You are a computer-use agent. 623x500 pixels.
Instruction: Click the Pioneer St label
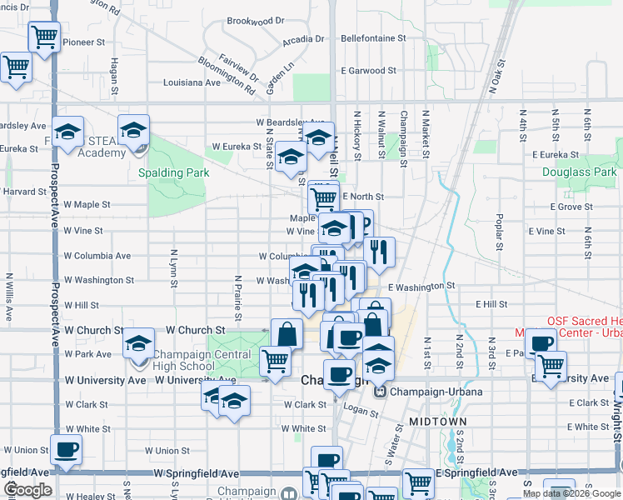click(84, 41)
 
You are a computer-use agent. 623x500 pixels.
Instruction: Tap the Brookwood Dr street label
click(256, 20)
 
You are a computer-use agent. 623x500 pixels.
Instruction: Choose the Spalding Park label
click(174, 172)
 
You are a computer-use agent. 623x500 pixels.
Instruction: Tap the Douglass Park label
click(579, 172)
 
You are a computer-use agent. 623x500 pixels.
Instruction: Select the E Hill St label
click(491, 305)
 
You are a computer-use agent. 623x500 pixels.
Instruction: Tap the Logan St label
click(361, 410)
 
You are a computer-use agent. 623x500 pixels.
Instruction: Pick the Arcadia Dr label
click(303, 39)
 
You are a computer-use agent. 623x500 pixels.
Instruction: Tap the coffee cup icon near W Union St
click(67, 450)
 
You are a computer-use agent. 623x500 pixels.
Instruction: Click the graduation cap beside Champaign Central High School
click(138, 344)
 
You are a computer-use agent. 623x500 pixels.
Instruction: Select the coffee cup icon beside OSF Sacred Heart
click(541, 343)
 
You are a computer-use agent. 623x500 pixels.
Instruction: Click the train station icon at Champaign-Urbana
click(381, 391)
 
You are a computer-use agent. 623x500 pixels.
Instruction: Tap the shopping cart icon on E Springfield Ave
click(418, 483)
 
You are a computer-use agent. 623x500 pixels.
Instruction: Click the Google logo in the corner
click(28, 490)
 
